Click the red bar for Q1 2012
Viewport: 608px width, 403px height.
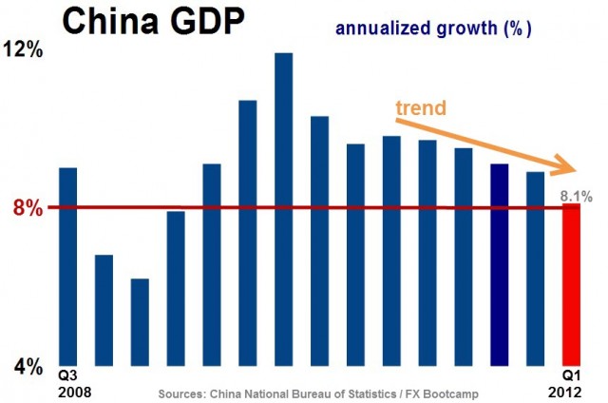coord(571,284)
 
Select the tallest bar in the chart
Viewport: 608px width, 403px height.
coord(283,209)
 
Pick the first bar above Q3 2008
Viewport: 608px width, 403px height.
coord(67,266)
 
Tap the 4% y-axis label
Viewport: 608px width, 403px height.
coord(23,366)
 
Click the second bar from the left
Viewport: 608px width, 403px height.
coord(104,310)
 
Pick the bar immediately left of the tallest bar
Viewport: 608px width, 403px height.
coord(248,233)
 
